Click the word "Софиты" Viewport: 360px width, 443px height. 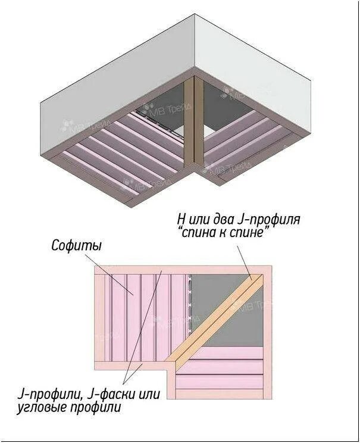[76, 245]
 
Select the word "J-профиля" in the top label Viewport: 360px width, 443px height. [272, 219]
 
